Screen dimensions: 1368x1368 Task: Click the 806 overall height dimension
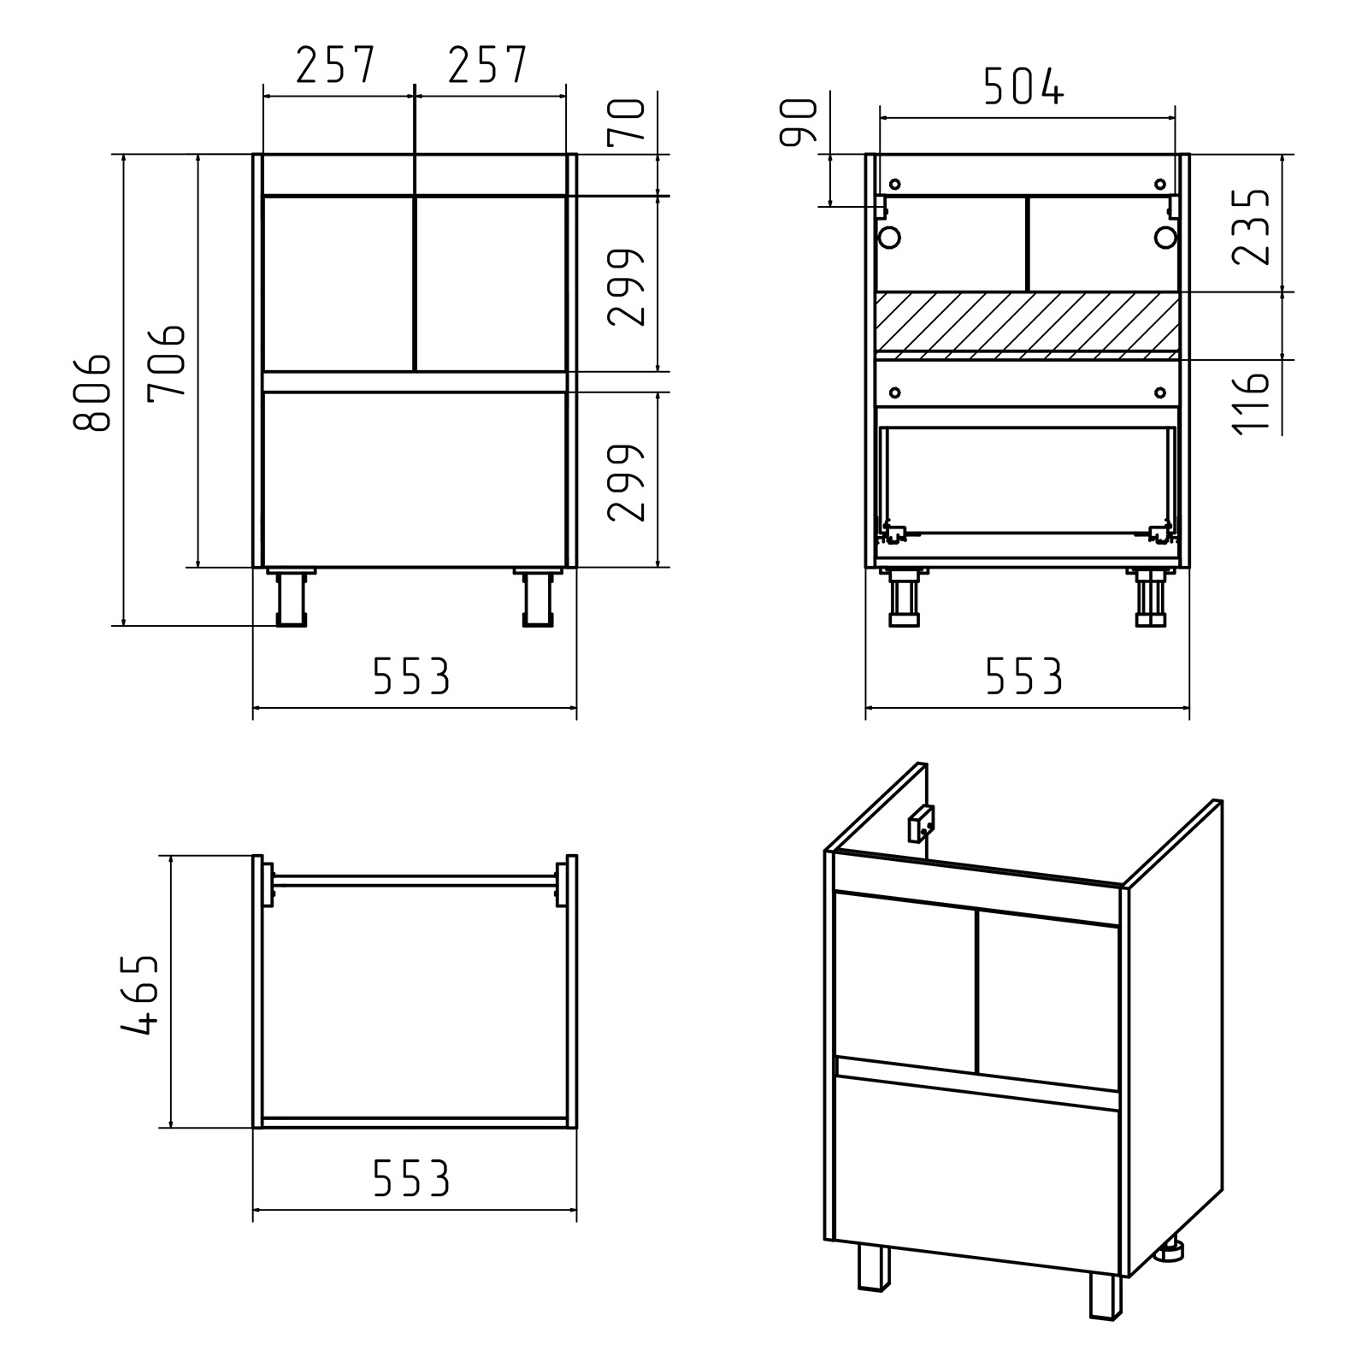[x=91, y=390]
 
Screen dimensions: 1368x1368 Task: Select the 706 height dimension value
[x=166, y=360]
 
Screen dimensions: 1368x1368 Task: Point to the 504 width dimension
[x=1023, y=85]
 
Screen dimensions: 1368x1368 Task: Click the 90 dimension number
[x=799, y=121]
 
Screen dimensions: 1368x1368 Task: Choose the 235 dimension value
[x=1251, y=227]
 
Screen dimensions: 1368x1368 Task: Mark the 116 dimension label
[x=1251, y=404]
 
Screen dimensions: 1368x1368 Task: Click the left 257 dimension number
[x=335, y=65]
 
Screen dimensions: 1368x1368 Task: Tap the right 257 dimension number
[x=486, y=65]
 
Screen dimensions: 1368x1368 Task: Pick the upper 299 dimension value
[x=627, y=287]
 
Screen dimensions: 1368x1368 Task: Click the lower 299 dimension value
[x=627, y=482]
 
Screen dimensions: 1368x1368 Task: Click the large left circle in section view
[x=889, y=237]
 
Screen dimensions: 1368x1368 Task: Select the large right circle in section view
[x=1165, y=237]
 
